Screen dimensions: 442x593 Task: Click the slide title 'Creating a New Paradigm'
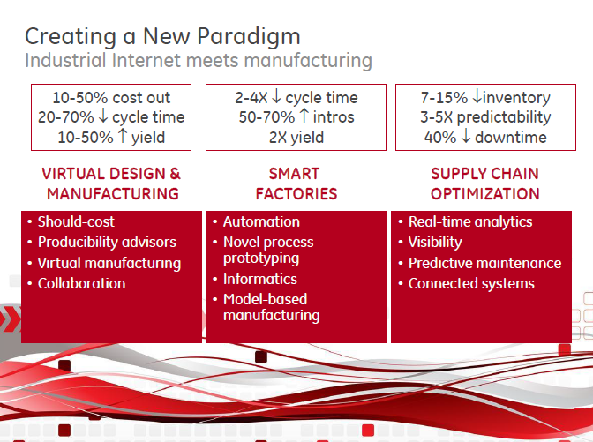point(162,36)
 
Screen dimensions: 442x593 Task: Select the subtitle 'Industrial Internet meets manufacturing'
point(198,61)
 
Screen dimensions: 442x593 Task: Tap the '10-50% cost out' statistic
point(112,98)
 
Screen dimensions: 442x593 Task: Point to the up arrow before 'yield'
point(123,137)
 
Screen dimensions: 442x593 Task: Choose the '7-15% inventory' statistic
point(485,98)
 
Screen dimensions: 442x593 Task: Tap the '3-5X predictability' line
point(485,117)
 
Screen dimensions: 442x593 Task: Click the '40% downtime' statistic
point(485,137)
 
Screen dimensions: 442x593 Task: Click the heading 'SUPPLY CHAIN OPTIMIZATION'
point(484,184)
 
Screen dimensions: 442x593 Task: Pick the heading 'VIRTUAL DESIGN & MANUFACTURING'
point(112,184)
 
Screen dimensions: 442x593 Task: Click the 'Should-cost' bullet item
point(76,221)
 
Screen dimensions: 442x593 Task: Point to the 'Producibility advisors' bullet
point(107,242)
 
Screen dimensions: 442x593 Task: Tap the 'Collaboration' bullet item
point(81,283)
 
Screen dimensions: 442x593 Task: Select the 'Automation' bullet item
point(261,221)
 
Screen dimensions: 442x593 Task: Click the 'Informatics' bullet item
point(259,279)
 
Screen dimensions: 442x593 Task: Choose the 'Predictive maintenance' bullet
point(484,263)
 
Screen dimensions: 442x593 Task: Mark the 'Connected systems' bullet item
point(471,283)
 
